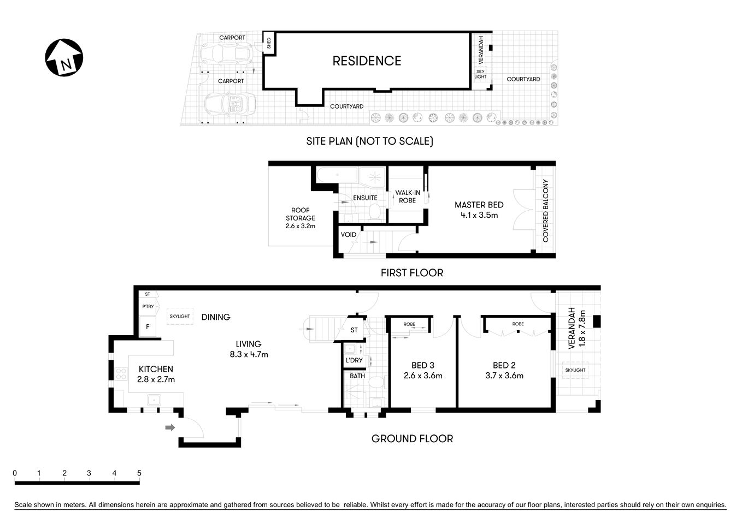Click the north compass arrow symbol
pyautogui.click(x=64, y=57)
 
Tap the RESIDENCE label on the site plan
pyautogui.click(x=367, y=61)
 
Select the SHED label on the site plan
pyautogui.click(x=269, y=43)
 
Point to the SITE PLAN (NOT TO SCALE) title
pyautogui.click(x=369, y=141)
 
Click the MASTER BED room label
pyautogui.click(x=479, y=205)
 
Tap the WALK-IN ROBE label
pyautogui.click(x=408, y=196)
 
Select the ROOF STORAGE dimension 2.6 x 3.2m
pyautogui.click(x=300, y=226)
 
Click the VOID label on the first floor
pyautogui.click(x=349, y=235)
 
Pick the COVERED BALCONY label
pyautogui.click(x=545, y=211)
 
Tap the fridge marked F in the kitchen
pyautogui.click(x=148, y=327)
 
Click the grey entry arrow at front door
pyautogui.click(x=170, y=427)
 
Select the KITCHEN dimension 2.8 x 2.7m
pyautogui.click(x=156, y=379)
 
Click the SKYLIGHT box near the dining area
pyautogui.click(x=180, y=316)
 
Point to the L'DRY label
pyautogui.click(x=354, y=360)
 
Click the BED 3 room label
pyautogui.click(x=423, y=365)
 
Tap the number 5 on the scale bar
pyautogui.click(x=139, y=473)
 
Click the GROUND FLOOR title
pyautogui.click(x=412, y=438)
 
